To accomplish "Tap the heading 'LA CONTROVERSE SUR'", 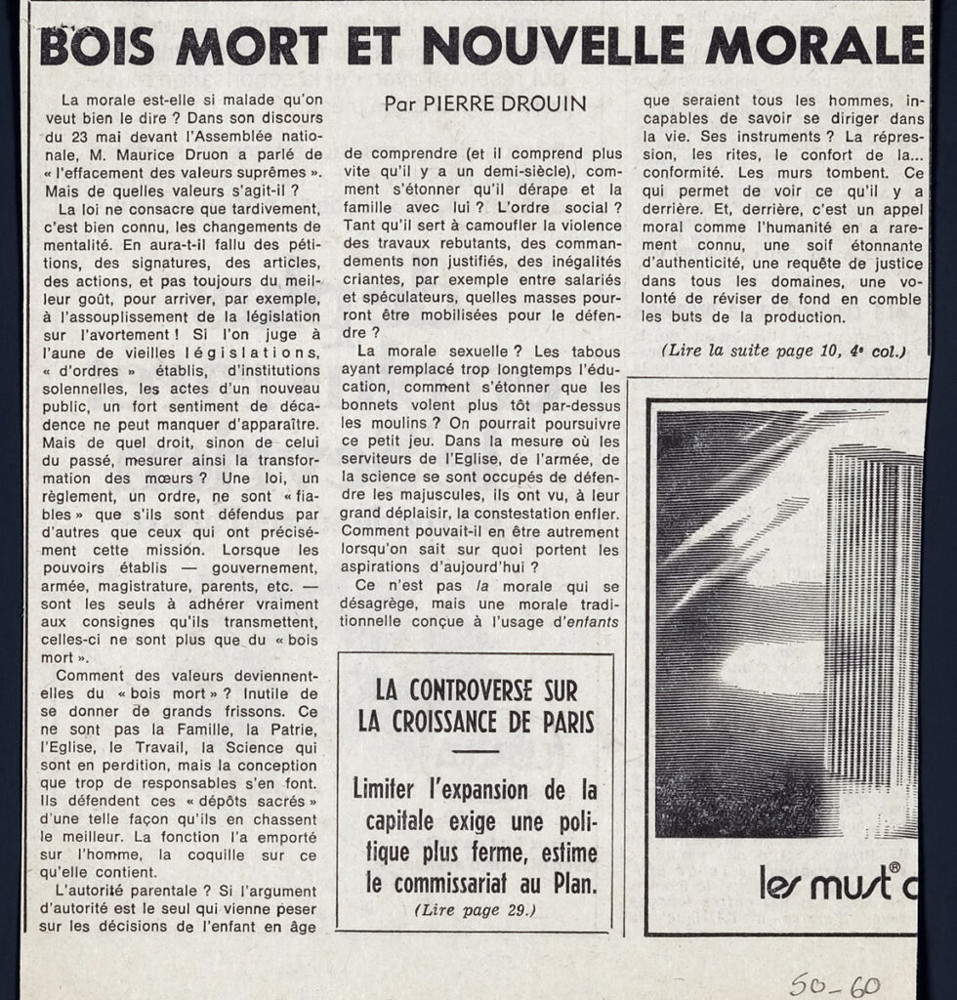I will [477, 691].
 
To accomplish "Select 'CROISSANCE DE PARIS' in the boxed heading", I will [477, 724].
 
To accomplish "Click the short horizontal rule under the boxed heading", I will [476, 753].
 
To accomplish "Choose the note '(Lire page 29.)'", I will [475, 909].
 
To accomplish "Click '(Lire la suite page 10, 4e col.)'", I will [782, 351].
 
